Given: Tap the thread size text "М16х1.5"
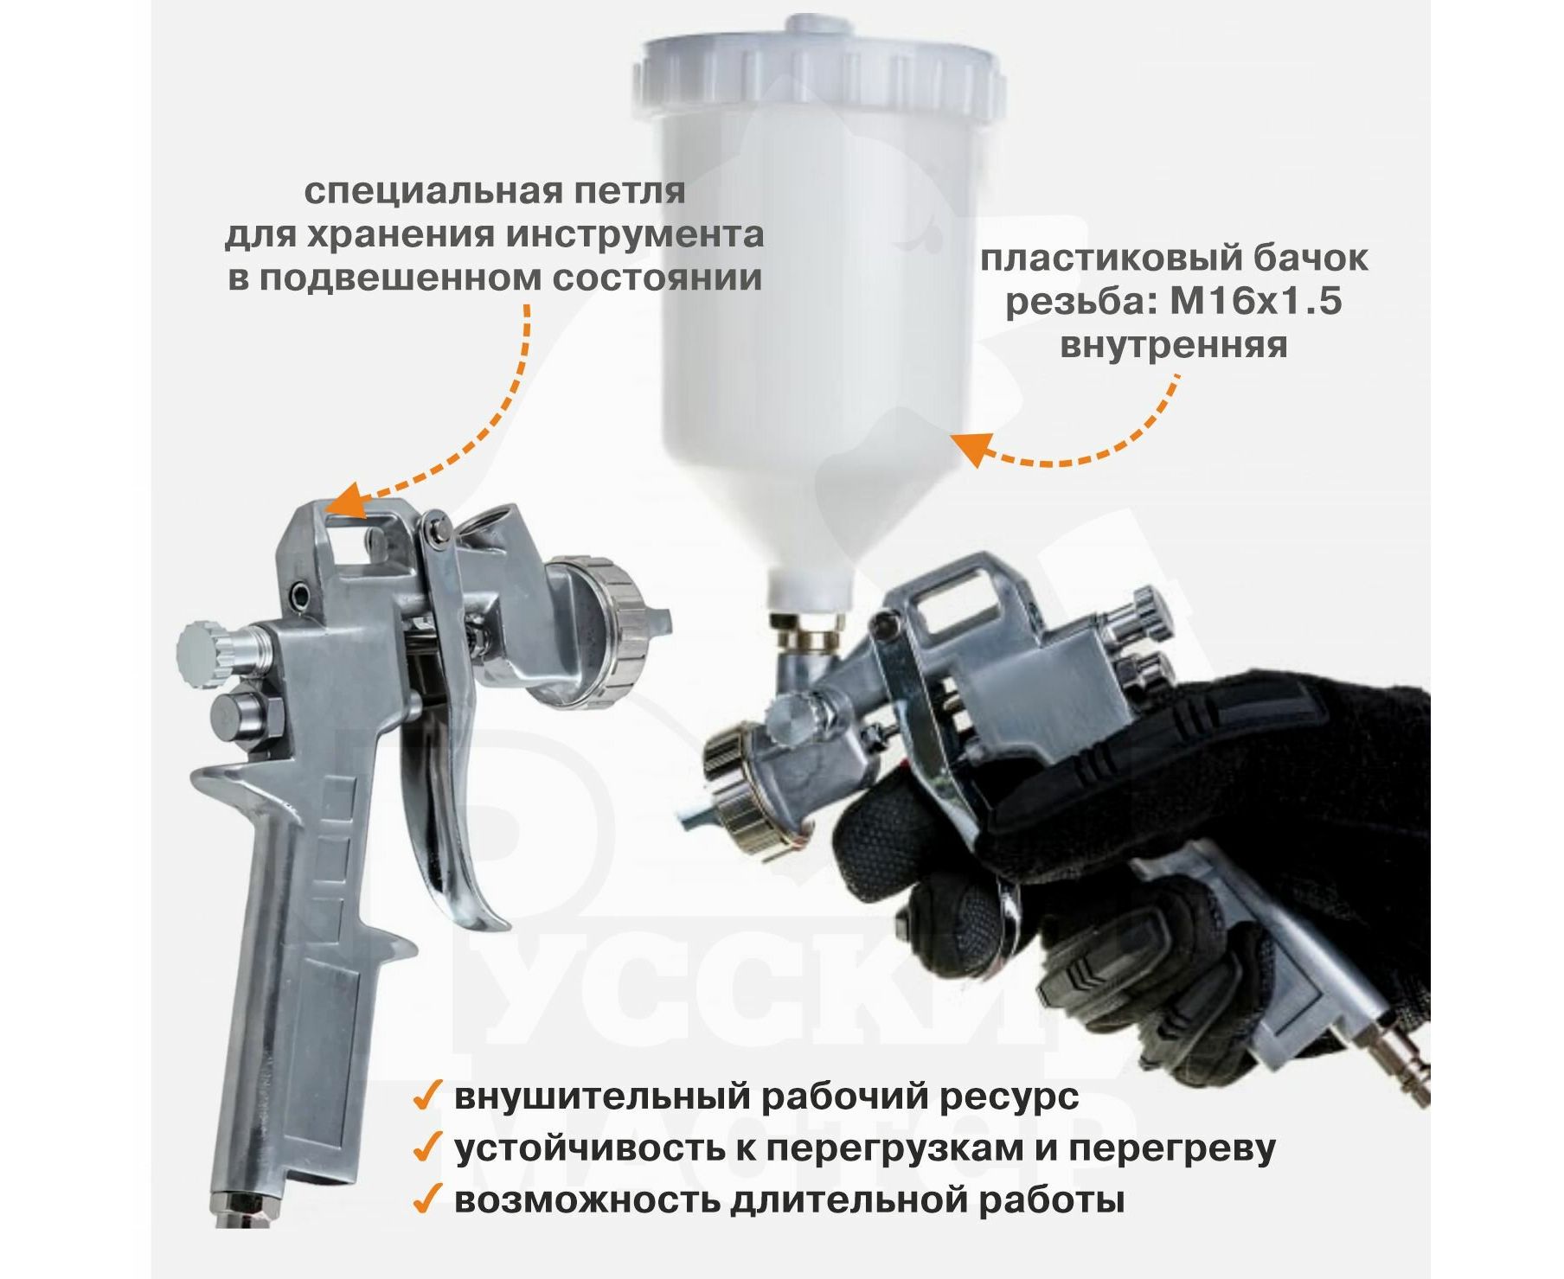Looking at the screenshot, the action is (1256, 302).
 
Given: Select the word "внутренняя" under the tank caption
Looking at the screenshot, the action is (1173, 345).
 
